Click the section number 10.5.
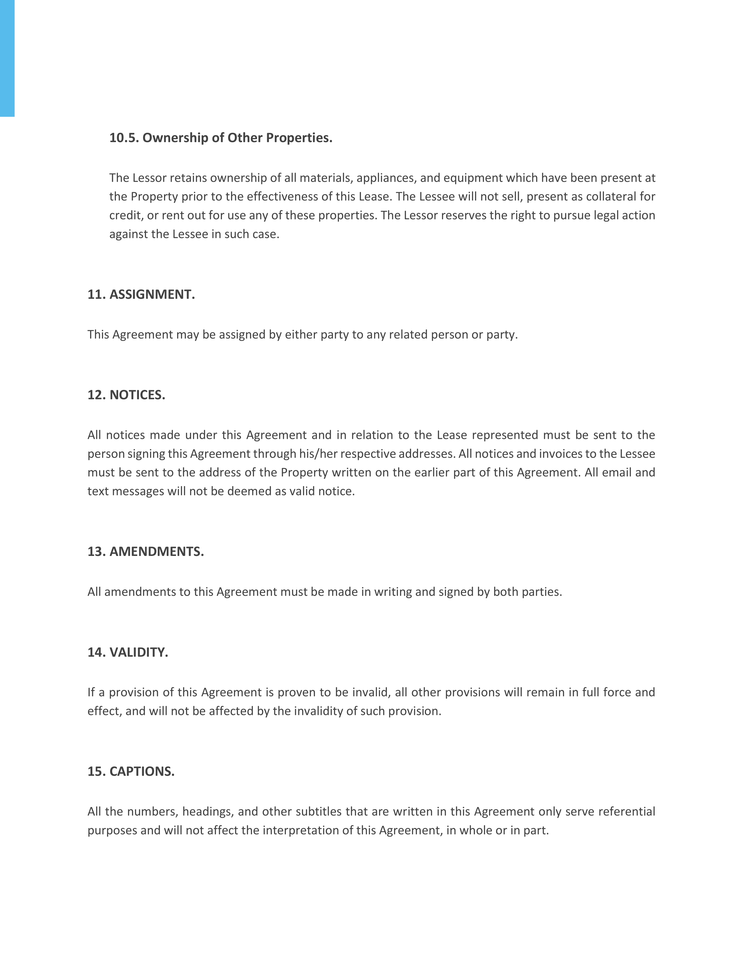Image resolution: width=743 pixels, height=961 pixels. tap(124, 138)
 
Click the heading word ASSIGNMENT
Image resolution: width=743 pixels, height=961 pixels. tap(152, 294)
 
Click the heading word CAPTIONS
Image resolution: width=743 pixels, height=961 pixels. tap(142, 772)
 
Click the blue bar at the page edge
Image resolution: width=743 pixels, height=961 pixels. tap(7, 58)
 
